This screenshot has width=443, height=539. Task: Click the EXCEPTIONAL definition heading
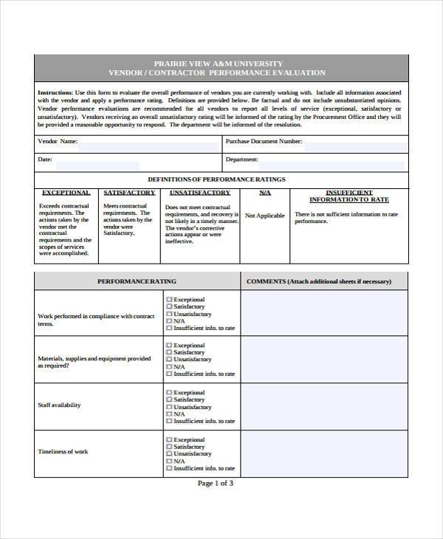tap(65, 193)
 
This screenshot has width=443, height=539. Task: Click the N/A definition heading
tap(265, 193)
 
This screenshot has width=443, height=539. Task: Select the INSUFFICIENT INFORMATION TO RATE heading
tap(348, 196)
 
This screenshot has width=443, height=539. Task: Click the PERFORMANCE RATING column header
tap(137, 281)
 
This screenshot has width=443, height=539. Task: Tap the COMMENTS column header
tap(324, 281)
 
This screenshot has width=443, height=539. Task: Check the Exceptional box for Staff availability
tap(169, 393)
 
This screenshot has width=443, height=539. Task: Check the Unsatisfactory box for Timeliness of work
tap(169, 454)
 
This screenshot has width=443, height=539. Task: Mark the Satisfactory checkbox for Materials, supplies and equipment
tap(169, 353)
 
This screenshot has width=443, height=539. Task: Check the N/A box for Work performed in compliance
tap(169, 321)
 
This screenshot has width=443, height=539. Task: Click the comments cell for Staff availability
tap(324, 405)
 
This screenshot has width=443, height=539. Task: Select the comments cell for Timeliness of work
tap(324, 452)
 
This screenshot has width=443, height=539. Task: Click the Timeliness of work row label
tap(63, 452)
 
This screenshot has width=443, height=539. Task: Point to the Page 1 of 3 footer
tap(216, 484)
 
